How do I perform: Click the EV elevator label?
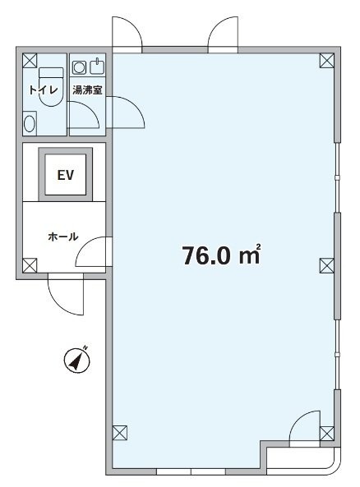click(65, 175)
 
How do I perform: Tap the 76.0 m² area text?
click(221, 255)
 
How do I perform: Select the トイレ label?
click(44, 90)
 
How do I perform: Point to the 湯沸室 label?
click(87, 90)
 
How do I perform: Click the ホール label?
click(63, 237)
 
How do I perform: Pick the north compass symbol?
click(77, 360)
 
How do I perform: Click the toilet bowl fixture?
click(51, 87)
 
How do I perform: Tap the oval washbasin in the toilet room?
click(30, 124)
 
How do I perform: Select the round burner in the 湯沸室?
click(79, 67)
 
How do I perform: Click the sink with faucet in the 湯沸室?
click(97, 67)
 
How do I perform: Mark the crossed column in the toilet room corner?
click(30, 61)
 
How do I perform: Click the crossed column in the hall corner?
click(30, 266)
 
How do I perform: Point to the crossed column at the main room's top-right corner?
click(327, 61)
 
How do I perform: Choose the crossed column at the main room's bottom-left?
click(120, 433)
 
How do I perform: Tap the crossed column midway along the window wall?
click(327, 266)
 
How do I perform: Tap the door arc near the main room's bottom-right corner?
click(298, 420)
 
